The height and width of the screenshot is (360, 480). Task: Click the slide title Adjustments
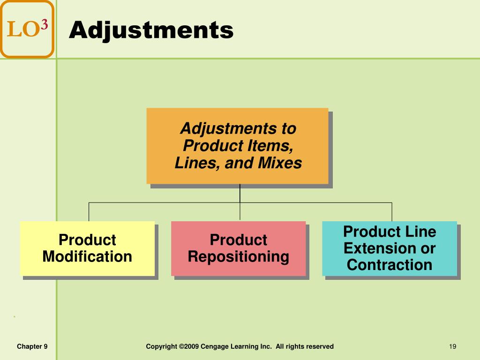pyautogui.click(x=151, y=30)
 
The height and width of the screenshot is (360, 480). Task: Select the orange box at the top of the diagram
pyautogui.click(x=237, y=146)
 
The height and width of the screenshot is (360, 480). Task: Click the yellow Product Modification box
pyautogui.click(x=87, y=248)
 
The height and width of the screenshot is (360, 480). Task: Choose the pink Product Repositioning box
pyautogui.click(x=238, y=248)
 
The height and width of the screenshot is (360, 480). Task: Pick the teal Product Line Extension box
pyautogui.click(x=389, y=248)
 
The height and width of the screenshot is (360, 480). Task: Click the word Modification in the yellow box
pyautogui.click(x=87, y=257)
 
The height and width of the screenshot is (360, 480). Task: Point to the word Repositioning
pyautogui.click(x=238, y=257)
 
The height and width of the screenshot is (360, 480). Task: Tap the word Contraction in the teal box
pyautogui.click(x=389, y=265)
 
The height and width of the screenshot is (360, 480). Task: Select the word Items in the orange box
pyautogui.click(x=270, y=146)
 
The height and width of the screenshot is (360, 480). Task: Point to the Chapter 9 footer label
pyautogui.click(x=32, y=346)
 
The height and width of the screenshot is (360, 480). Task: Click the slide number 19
pyautogui.click(x=452, y=346)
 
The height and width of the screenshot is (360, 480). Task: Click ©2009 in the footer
pyautogui.click(x=188, y=346)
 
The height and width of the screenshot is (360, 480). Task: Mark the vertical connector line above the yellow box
pyautogui.click(x=89, y=211)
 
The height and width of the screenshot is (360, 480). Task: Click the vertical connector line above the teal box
pyautogui.click(x=391, y=211)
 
